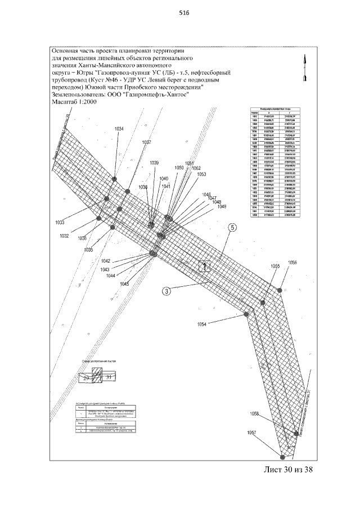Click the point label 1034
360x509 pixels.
point(118,129)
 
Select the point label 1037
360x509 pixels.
point(146,142)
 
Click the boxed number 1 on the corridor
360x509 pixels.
point(206,268)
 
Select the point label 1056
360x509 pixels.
point(293,263)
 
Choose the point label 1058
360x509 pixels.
point(257,414)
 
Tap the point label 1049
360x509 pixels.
point(222,207)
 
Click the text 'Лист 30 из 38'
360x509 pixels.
point(287,470)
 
